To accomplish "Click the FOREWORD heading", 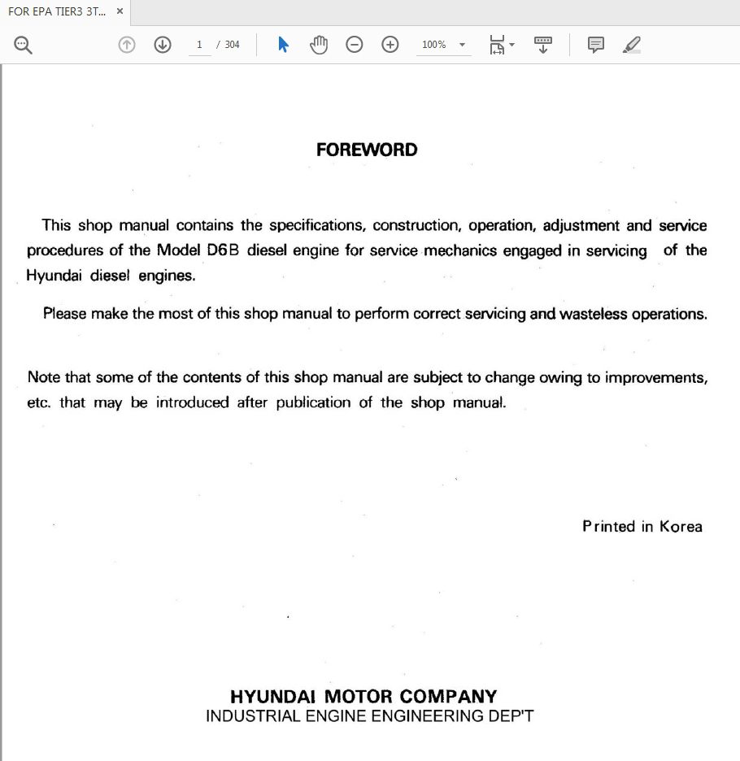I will pyautogui.click(x=367, y=150).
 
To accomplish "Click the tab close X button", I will pyautogui.click(x=120, y=11).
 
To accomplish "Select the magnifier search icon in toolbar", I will pyautogui.click(x=23, y=46).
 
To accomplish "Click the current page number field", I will pyautogui.click(x=199, y=45).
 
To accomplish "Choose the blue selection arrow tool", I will pyautogui.click(x=283, y=45).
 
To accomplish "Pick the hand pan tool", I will pyautogui.click(x=319, y=45).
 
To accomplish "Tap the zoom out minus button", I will pyautogui.click(x=355, y=45).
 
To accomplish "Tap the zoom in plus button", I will pyautogui.click(x=390, y=45).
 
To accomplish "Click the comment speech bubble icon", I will pyautogui.click(x=596, y=45).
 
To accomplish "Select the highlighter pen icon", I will pyautogui.click(x=632, y=45).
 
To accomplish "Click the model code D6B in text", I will pyautogui.click(x=223, y=250).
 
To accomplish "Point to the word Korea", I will pyautogui.click(x=681, y=527).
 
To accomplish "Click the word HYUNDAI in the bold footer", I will pyautogui.click(x=273, y=697).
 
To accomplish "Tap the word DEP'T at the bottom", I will pyautogui.click(x=509, y=716).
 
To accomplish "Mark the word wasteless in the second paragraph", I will pyautogui.click(x=593, y=314).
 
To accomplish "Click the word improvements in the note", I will pyautogui.click(x=655, y=378).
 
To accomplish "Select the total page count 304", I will pyautogui.click(x=233, y=45).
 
